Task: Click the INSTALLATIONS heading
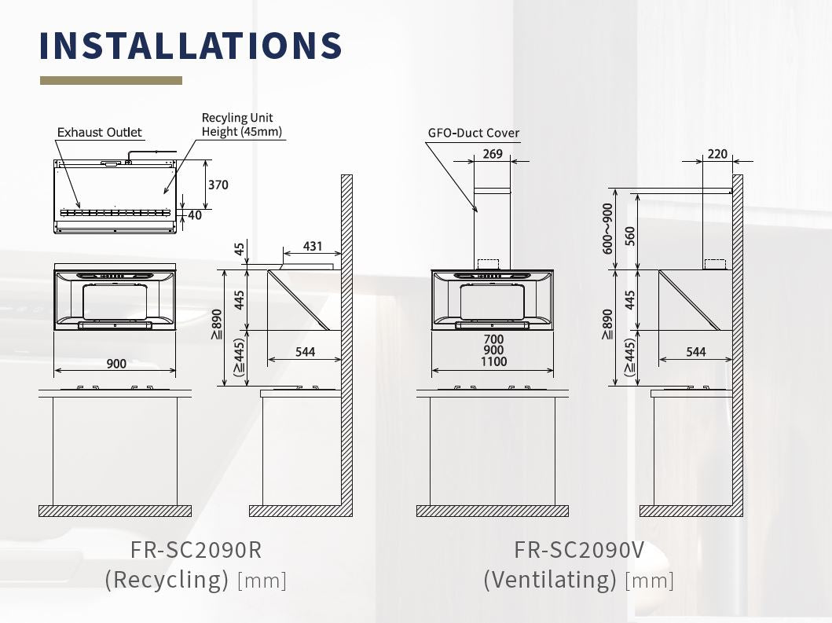tap(190, 45)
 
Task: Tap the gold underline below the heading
tap(111, 81)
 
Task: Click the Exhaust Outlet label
tap(100, 132)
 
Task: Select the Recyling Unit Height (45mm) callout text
tap(241, 124)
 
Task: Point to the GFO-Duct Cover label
tap(473, 133)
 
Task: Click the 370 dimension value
tap(218, 185)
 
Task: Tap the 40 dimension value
tap(195, 215)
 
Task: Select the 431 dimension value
tap(313, 246)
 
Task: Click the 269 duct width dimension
tap(493, 154)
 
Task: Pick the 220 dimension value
tap(717, 154)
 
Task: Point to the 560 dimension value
tap(630, 236)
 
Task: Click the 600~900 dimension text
tap(607, 229)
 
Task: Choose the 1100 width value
tap(494, 361)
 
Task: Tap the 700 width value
tap(493, 339)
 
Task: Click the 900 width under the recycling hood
tap(116, 364)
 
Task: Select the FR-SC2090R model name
tap(196, 550)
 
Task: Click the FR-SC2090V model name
tap(579, 550)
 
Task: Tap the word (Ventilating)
tap(550, 580)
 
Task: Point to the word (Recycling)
tap(167, 580)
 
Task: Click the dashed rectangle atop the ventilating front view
tap(488, 264)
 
